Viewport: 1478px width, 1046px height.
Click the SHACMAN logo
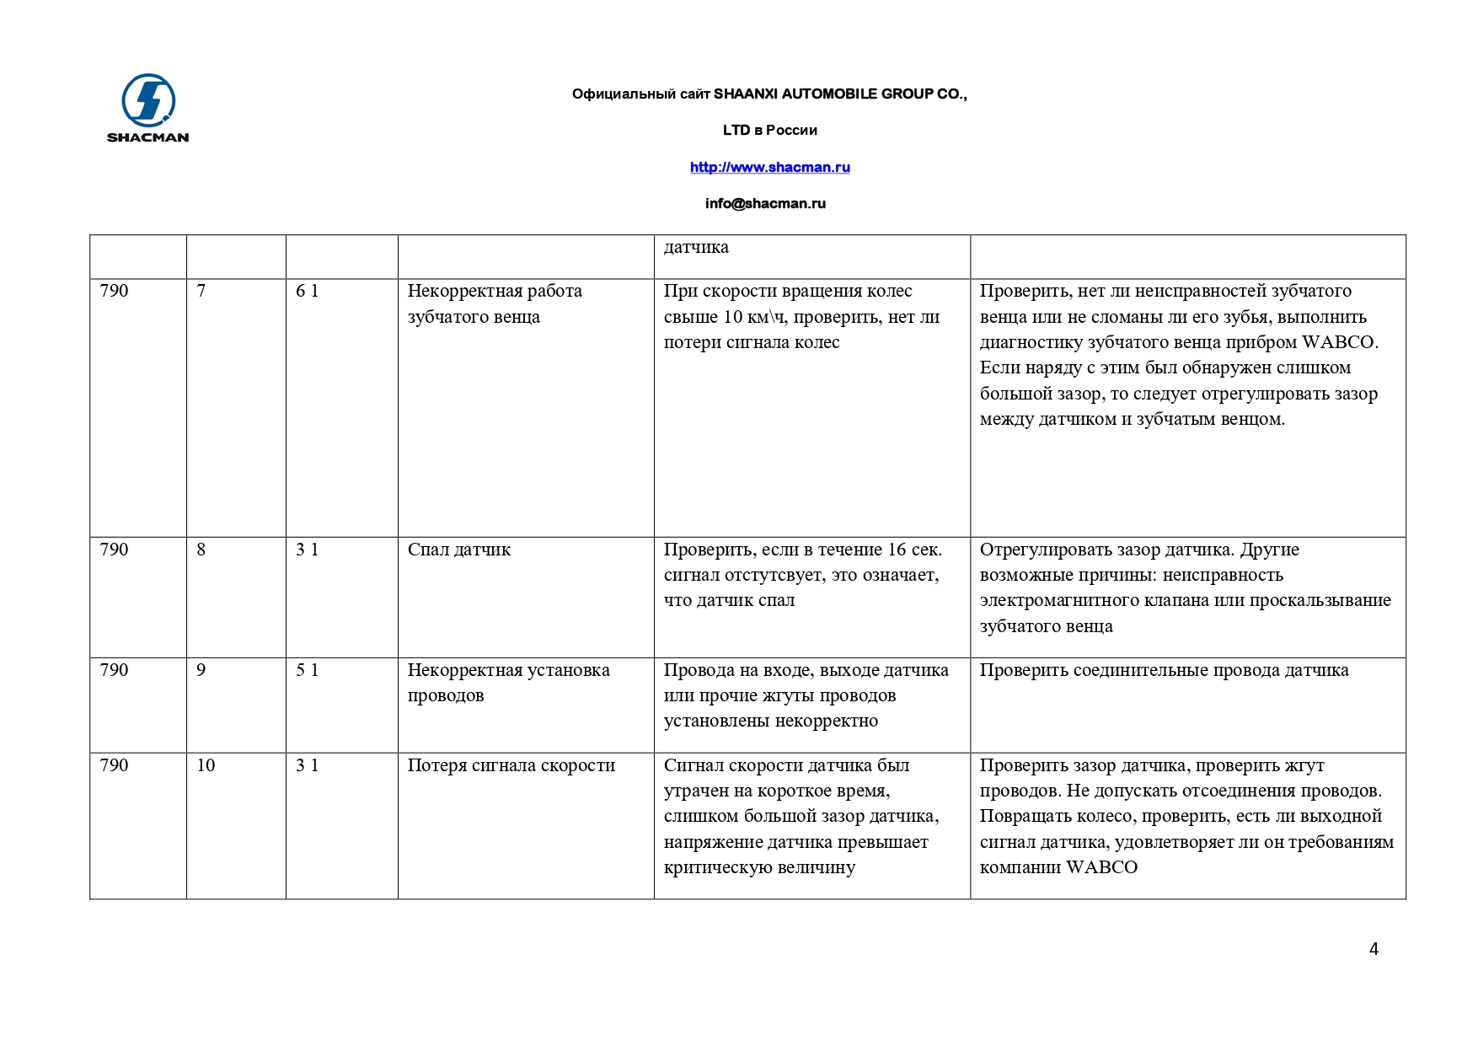tap(147, 107)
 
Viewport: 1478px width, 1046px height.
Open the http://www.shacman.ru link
tap(769, 167)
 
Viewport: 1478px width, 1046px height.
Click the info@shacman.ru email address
tap(765, 203)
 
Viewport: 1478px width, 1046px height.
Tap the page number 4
tap(1374, 949)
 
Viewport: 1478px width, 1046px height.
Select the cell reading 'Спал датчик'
tap(459, 550)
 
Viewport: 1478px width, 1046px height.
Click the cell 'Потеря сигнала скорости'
tap(511, 765)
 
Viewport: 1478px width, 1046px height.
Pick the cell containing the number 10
tap(206, 765)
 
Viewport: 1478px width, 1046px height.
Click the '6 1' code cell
tap(307, 291)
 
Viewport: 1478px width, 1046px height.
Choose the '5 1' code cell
tap(307, 670)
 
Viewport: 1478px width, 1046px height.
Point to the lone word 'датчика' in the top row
tap(696, 247)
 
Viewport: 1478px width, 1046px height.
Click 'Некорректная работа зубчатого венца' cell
tap(494, 303)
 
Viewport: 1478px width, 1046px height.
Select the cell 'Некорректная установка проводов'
tap(508, 683)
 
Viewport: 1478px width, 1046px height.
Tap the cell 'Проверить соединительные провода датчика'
tap(1164, 670)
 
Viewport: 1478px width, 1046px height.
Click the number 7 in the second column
tap(201, 291)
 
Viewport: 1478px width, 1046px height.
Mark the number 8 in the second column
tap(201, 550)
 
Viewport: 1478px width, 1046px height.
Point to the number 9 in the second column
tap(201, 670)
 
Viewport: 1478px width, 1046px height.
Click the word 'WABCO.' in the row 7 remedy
tap(1340, 342)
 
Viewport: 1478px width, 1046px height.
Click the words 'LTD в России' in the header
tap(769, 130)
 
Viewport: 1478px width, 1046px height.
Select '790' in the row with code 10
tap(114, 765)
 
